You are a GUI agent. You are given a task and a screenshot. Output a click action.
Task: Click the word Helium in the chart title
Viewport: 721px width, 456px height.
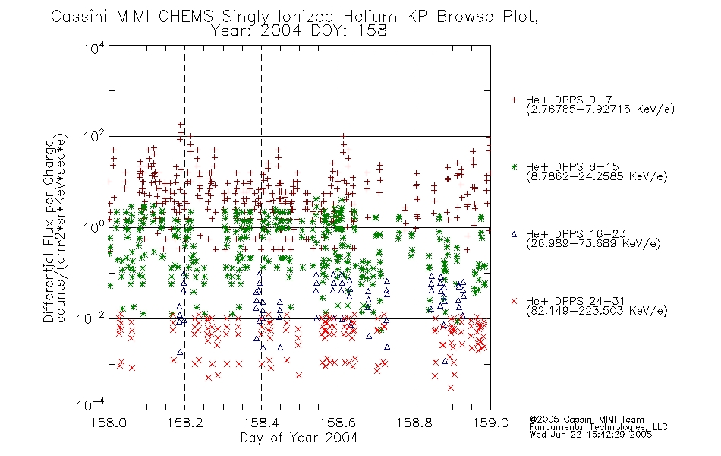point(370,17)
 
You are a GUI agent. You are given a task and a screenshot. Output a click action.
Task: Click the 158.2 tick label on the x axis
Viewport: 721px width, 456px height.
point(185,423)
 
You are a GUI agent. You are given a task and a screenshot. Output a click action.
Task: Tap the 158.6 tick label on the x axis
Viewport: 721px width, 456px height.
point(338,423)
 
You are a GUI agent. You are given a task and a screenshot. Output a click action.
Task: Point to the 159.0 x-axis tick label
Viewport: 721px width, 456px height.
point(490,423)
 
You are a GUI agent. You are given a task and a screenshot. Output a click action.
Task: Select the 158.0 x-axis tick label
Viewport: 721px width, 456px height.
point(109,423)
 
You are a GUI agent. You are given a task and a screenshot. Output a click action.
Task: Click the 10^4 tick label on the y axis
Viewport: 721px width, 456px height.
point(94,48)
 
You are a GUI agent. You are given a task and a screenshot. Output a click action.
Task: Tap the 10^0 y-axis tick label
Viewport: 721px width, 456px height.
point(94,226)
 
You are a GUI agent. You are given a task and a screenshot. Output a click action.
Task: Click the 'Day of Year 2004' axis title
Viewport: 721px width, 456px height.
point(299,438)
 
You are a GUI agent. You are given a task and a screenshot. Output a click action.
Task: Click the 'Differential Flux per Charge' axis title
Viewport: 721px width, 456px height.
point(49,231)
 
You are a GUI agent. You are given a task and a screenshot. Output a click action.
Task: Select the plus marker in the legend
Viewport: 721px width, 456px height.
point(514,100)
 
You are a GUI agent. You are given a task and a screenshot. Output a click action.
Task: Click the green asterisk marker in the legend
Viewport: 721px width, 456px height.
point(514,166)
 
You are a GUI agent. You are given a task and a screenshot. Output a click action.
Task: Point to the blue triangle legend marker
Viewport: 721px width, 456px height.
point(514,234)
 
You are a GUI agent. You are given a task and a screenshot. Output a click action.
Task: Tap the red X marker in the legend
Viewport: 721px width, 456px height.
point(514,301)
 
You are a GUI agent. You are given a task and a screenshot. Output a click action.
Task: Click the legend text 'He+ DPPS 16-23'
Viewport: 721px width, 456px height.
point(576,234)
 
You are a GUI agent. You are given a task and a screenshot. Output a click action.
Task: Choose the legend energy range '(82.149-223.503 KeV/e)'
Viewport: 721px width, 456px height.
point(597,310)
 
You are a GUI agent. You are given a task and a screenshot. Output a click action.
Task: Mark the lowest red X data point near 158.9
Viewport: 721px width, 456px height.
point(451,388)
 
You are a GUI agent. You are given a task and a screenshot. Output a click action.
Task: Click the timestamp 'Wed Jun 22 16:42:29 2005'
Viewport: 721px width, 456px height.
point(590,435)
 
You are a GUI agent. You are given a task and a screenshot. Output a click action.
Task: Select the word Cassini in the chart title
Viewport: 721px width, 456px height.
point(80,17)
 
